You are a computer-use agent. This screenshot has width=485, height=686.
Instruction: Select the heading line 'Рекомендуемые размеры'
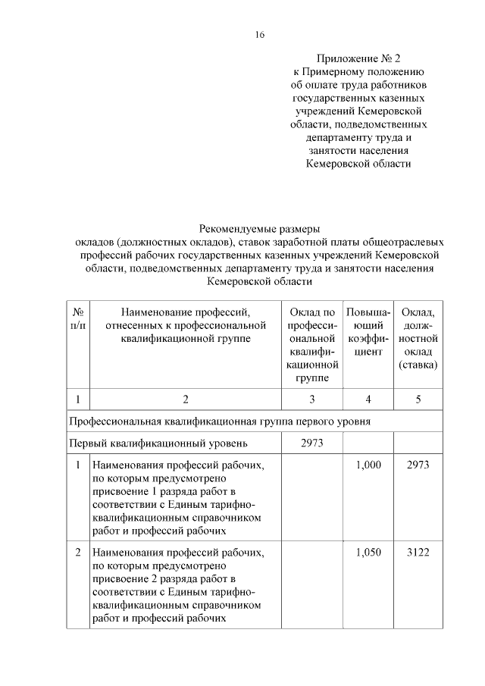tap(259, 228)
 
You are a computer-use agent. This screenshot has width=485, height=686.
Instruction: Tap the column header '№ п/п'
tap(77, 318)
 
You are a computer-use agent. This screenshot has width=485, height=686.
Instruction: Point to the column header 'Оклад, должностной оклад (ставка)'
tap(418, 339)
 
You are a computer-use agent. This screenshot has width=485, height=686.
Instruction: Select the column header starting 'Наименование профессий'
tap(185, 325)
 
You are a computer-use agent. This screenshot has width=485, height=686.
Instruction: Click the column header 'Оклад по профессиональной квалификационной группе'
tap(312, 345)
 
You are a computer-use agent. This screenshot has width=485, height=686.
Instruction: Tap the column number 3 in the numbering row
tap(312, 399)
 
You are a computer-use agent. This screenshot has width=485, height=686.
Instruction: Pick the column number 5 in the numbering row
tap(418, 399)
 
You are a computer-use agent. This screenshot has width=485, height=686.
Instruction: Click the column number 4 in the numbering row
tap(368, 399)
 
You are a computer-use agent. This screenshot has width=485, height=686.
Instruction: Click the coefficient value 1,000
tap(368, 465)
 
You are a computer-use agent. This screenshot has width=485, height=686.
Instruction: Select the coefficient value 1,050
tap(368, 552)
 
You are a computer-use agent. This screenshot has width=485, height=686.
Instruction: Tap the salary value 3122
tap(418, 552)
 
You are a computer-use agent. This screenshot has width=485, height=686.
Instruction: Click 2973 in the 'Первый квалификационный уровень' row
tap(312, 443)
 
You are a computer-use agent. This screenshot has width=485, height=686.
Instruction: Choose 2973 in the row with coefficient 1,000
tap(418, 465)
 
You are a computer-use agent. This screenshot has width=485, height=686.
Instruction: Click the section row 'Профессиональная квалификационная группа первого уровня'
tap(219, 421)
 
